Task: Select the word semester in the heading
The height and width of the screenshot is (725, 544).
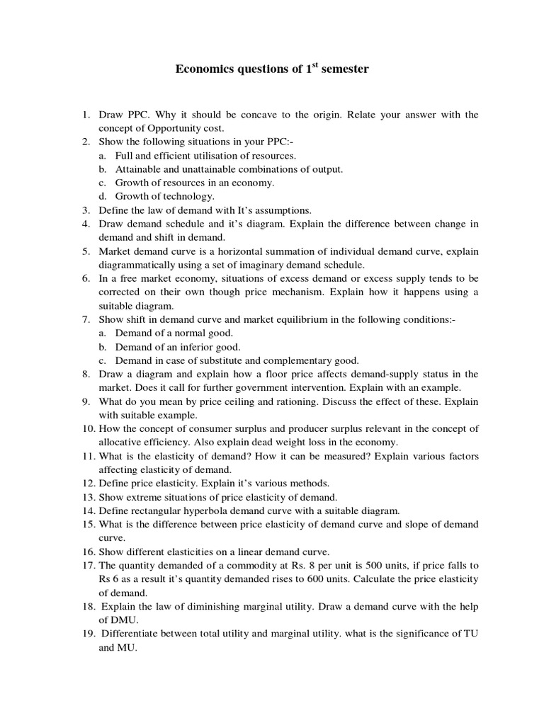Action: (345, 70)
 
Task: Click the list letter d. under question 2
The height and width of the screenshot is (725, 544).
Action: (103, 196)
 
